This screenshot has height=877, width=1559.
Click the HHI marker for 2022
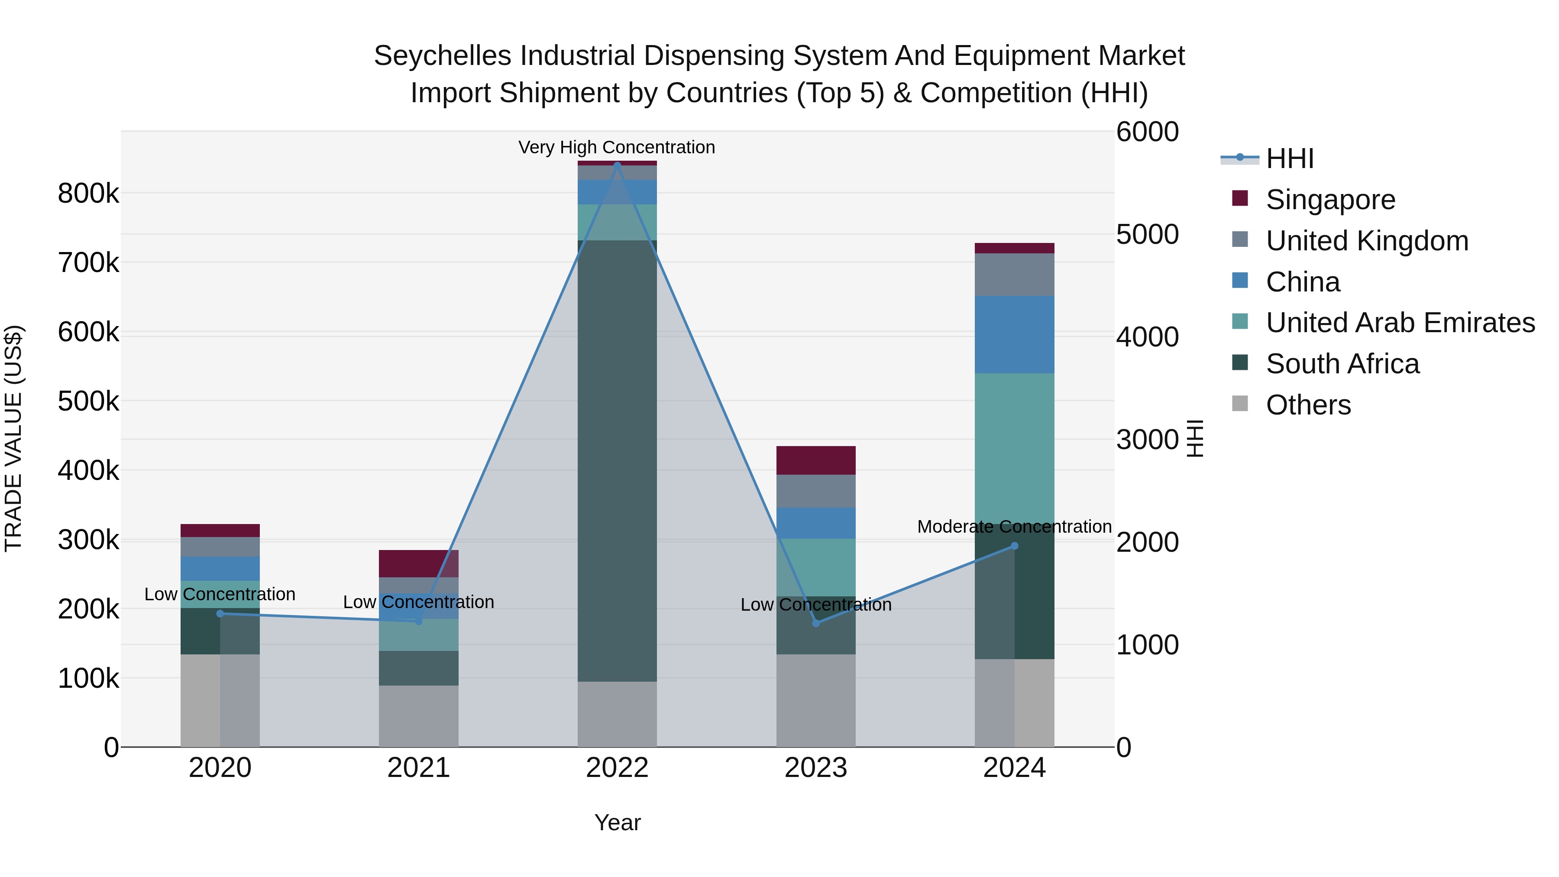pyautogui.click(x=617, y=165)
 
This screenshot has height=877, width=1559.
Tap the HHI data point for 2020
pyautogui.click(x=220, y=614)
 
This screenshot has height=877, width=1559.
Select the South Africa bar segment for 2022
pyautogui.click(x=617, y=460)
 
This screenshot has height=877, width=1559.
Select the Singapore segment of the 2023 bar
pyautogui.click(x=816, y=460)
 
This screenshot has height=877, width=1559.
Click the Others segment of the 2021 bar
pyautogui.click(x=418, y=715)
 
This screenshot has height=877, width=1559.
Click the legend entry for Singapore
pyautogui.click(x=1330, y=200)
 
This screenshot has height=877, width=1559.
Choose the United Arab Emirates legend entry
pyautogui.click(x=1400, y=323)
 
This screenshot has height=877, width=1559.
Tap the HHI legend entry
pyautogui.click(x=1290, y=159)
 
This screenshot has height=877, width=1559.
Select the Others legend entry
pyautogui.click(x=1308, y=405)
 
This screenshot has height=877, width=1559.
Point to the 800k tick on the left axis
pyautogui.click(x=88, y=194)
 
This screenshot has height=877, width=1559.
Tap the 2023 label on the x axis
pyautogui.click(x=816, y=768)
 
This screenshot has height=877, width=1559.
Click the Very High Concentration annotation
pyautogui.click(x=617, y=147)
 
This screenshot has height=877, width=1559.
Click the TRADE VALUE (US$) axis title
pyautogui.click(x=13, y=438)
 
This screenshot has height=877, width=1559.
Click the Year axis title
pyautogui.click(x=617, y=822)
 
